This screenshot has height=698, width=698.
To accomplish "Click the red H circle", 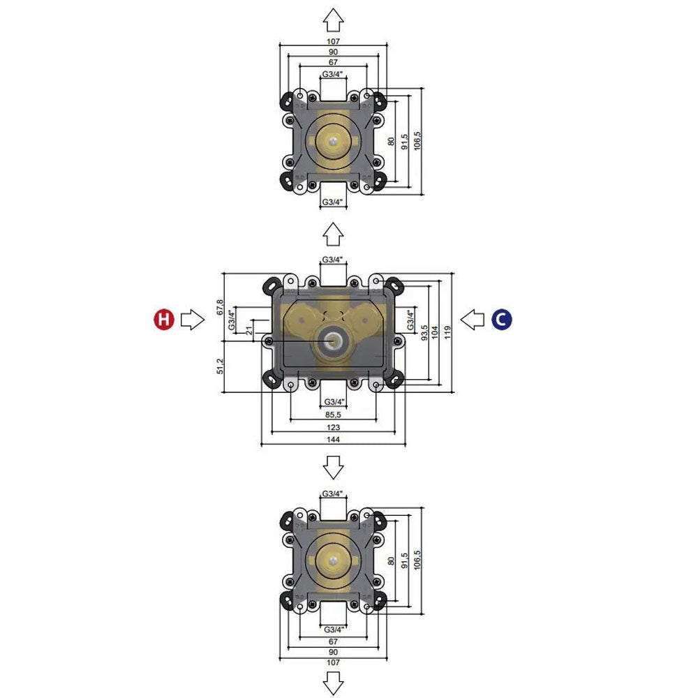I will point(163,320).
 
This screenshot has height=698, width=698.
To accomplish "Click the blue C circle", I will point(502,320).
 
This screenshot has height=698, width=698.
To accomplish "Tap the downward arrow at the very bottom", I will point(334,682).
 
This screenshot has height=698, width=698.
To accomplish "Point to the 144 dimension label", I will point(333,440).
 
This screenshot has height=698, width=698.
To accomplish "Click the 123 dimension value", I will point(333,427).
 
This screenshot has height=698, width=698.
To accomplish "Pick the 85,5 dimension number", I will point(333,415).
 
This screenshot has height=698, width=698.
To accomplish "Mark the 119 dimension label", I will point(447,329).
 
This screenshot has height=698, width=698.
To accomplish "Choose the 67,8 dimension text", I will point(221,307).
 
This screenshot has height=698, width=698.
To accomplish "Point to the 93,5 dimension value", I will point(425,329).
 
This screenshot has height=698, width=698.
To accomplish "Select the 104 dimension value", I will point(436,329).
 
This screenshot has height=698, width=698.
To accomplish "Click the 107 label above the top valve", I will point(333,40).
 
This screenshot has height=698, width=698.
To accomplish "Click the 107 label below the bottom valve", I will point(333,662).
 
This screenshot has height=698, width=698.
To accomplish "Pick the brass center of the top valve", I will point(333,141).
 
